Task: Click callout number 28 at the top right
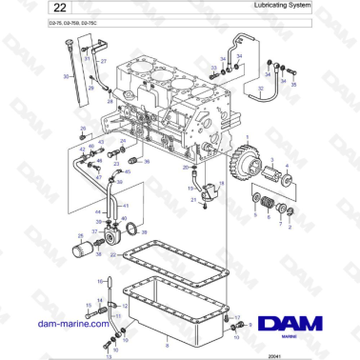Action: [x=293, y=86]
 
